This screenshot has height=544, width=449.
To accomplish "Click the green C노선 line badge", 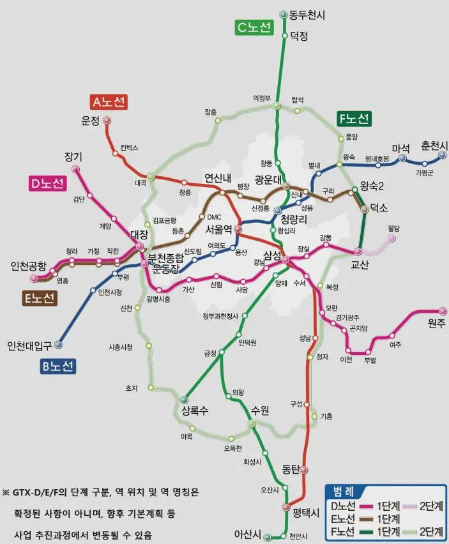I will [x=254, y=27].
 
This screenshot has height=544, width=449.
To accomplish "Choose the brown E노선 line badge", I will [x=40, y=298].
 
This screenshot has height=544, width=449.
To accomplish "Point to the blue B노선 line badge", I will [x=58, y=366].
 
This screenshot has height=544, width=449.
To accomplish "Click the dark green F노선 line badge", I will [x=354, y=119].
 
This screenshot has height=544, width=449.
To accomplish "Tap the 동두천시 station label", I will [x=307, y=14].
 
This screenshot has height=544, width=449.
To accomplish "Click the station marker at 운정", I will [x=107, y=120].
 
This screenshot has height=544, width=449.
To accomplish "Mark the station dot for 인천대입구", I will [x=59, y=345].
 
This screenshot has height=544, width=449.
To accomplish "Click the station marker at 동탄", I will [x=304, y=471].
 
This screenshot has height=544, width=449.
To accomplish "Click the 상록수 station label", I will [x=195, y=411].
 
